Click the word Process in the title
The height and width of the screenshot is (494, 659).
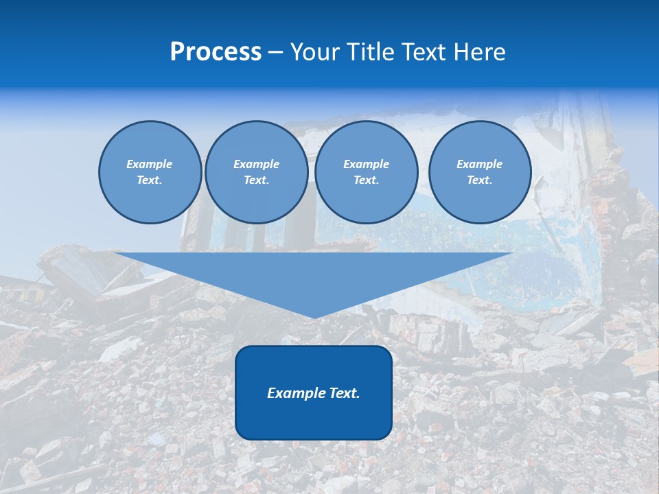(216, 52)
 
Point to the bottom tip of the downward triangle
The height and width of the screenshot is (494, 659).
(314, 318)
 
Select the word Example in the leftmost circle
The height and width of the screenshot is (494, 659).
(150, 164)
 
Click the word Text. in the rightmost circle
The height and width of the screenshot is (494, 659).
(480, 180)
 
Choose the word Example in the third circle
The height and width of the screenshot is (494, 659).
(367, 164)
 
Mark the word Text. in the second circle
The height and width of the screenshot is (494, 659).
(257, 180)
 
